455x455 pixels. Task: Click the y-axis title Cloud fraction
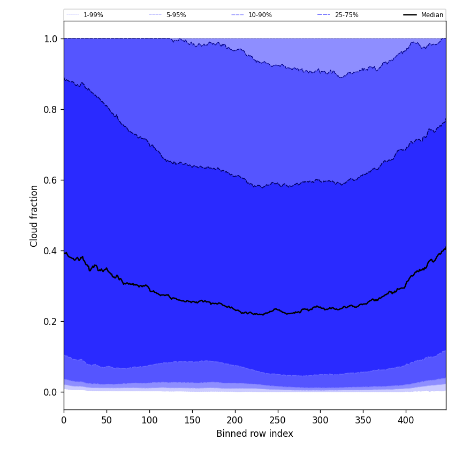pos(34,216)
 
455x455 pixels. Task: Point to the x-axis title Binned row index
pos(255,434)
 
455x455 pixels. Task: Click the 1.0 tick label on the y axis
pos(50,39)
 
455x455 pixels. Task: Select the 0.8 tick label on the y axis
pos(50,109)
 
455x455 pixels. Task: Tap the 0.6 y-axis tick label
pos(50,180)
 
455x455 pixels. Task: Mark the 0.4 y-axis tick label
pos(50,251)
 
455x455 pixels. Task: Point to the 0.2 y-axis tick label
pos(50,321)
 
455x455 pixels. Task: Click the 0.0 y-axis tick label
pos(50,392)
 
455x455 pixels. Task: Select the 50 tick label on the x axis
pos(107,420)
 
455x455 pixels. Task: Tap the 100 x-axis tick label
pos(149,420)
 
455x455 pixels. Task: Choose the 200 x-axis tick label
pos(235,420)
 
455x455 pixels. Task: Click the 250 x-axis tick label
pos(277,420)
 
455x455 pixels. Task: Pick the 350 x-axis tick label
pos(363,420)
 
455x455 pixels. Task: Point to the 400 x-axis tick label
pos(406,420)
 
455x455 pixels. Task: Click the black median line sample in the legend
pos(410,15)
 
